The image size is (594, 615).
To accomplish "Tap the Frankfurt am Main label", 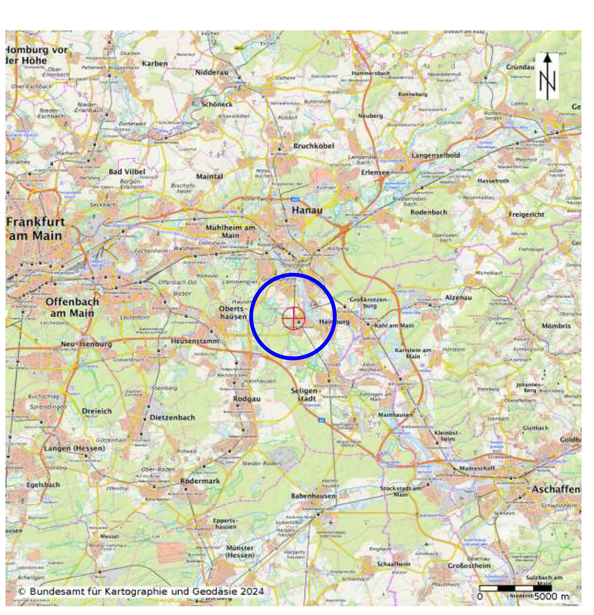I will pos(35,229).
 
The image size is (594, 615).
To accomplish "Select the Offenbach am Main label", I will pos(72,307).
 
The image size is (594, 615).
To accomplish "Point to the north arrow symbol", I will pos(547,76).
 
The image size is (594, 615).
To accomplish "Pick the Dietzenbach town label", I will pos(172,418).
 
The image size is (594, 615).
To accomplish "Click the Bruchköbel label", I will pos(314,146).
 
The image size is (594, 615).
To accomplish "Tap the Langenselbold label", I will pos(436,155).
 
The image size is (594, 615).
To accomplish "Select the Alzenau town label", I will pos(458,297).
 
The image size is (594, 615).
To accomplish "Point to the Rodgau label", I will pos(247,399).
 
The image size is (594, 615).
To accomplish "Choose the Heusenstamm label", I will pos(195,341).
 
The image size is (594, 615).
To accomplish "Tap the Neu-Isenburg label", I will pos(86,344).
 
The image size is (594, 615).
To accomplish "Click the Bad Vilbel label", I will pos(127,172).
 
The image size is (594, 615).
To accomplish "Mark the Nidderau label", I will pos(212,72).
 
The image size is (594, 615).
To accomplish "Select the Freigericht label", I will pos(526,215).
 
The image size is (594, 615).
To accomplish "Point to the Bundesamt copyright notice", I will pos(141,592).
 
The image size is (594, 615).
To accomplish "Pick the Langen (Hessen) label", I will pos(75,448).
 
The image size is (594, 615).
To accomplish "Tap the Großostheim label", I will pos(469,566).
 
